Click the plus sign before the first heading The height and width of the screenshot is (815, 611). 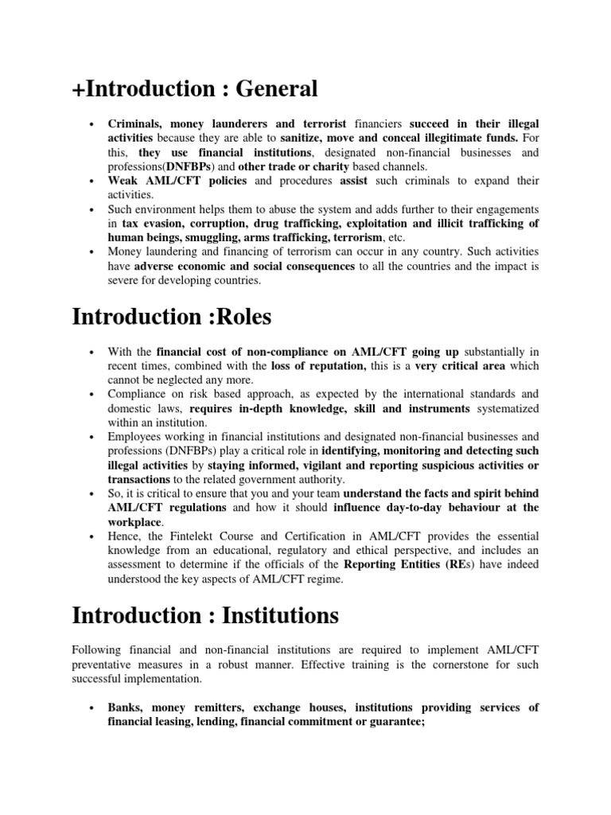tap(78, 90)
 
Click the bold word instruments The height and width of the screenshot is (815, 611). tap(436, 408)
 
